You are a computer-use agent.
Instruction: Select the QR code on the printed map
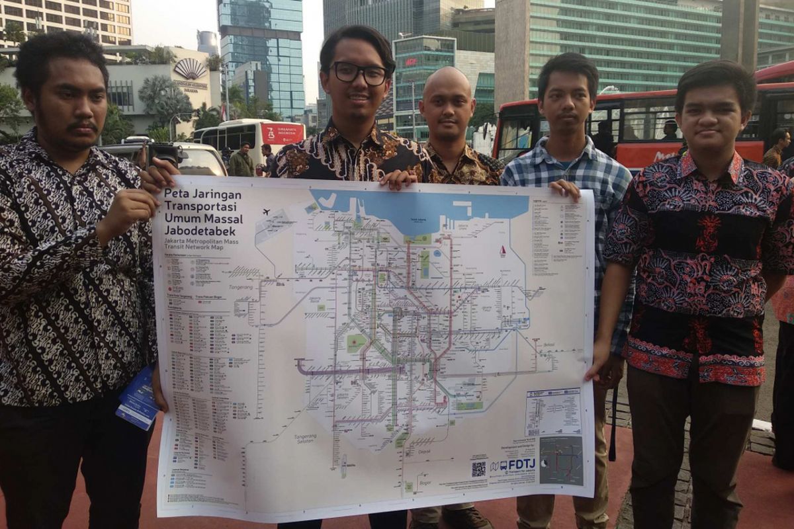[478, 469]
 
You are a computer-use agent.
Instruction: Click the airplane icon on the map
[266, 212]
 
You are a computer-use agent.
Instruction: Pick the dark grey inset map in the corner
[561, 460]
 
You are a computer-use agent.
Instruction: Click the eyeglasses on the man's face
[360, 73]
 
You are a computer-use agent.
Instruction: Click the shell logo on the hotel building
[190, 68]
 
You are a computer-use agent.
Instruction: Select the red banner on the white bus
[283, 134]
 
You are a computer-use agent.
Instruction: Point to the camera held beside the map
[163, 153]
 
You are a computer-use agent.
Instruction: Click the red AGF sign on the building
[411, 62]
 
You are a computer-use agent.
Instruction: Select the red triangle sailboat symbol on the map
[502, 251]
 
